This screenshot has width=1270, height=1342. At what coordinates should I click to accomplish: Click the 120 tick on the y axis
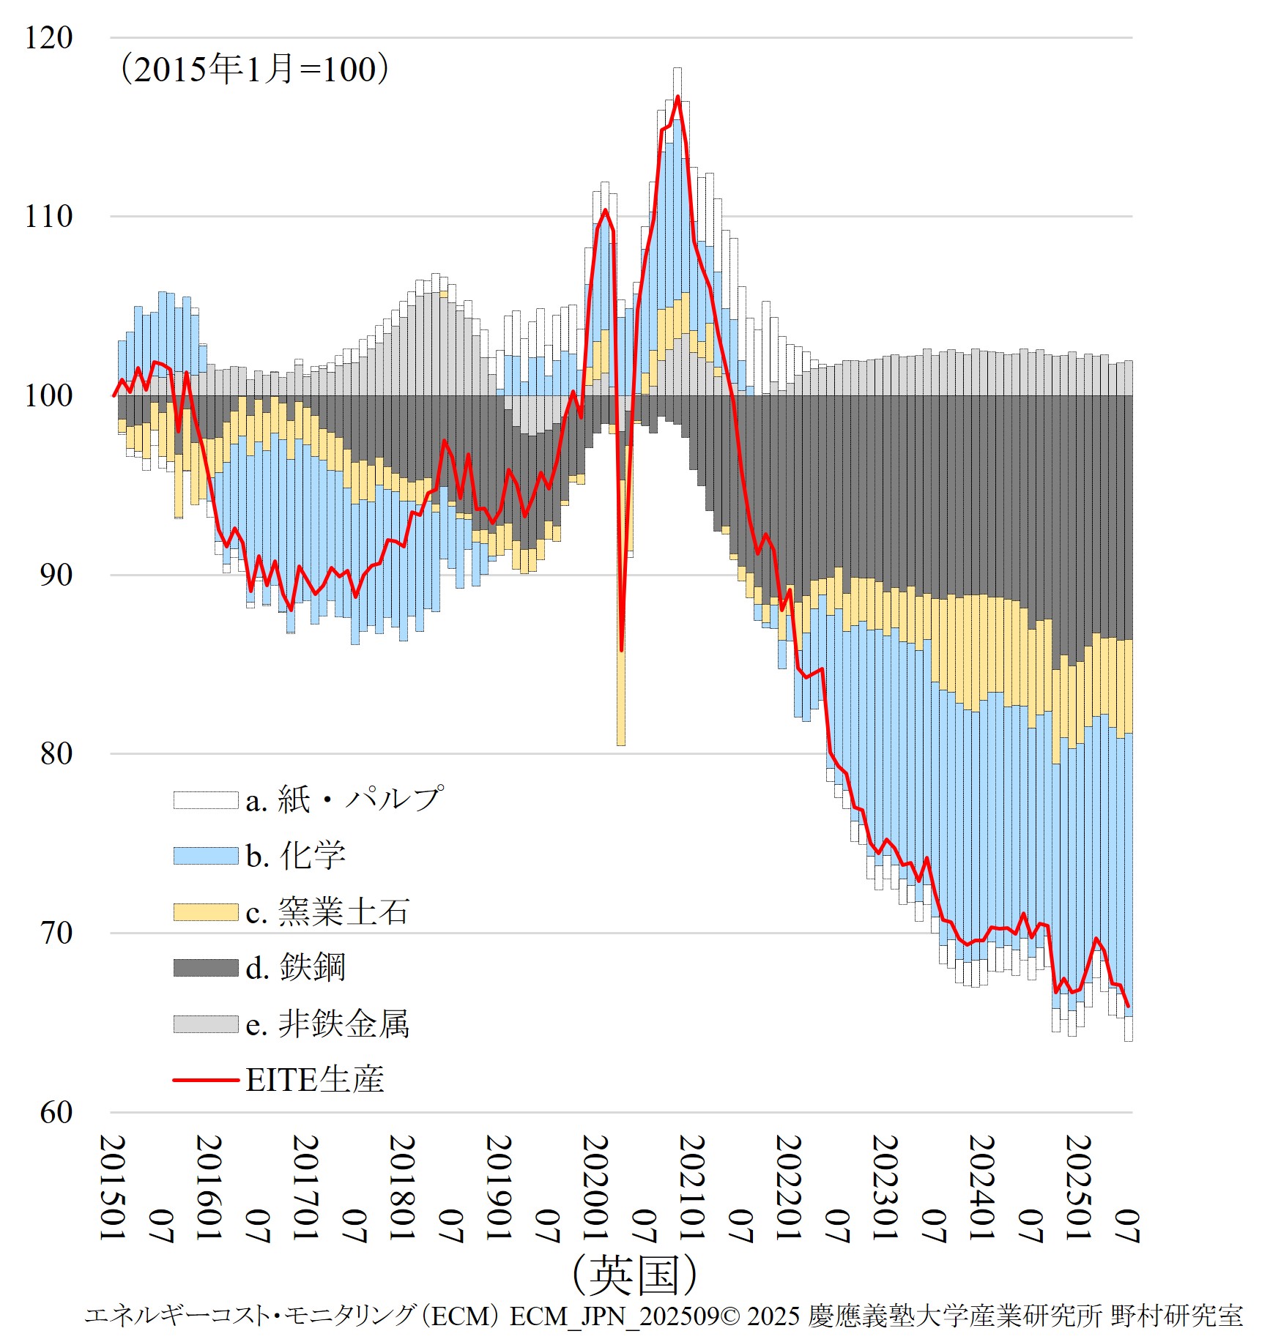(48, 38)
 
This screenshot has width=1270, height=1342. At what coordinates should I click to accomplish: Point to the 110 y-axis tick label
(48, 217)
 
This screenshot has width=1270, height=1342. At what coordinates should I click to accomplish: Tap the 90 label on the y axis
(56, 575)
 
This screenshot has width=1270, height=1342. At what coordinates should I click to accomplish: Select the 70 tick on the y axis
(56, 933)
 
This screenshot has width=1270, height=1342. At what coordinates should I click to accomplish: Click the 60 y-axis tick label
(56, 1113)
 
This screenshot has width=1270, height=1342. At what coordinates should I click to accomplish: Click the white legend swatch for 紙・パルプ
(206, 800)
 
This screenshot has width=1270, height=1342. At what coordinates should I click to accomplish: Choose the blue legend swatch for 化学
(206, 856)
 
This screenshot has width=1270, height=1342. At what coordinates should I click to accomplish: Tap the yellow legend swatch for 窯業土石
(206, 912)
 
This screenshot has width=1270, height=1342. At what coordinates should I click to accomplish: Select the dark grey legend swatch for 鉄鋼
(206, 968)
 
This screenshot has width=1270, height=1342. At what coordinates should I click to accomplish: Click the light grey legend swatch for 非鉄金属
(206, 1024)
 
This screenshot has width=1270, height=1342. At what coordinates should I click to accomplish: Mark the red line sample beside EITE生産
(206, 1080)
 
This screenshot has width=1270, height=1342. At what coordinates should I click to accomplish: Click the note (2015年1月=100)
(254, 70)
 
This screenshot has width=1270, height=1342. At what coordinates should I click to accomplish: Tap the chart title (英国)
(634, 1275)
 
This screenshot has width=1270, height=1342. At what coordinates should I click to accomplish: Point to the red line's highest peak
(677, 97)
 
